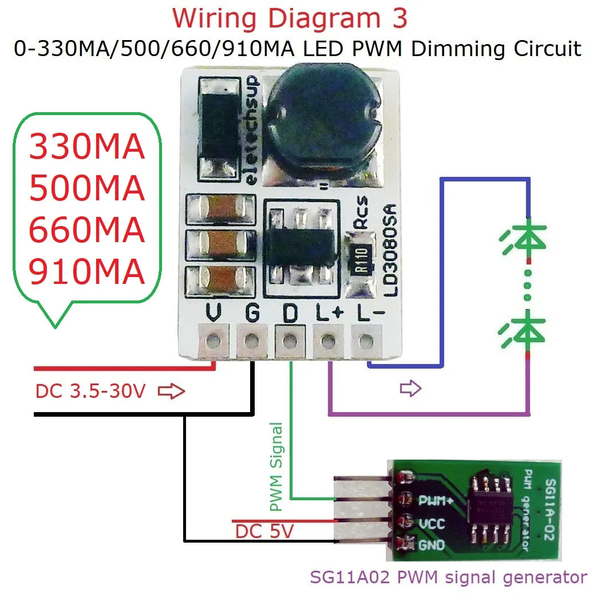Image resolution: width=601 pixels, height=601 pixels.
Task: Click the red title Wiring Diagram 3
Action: click(x=290, y=18)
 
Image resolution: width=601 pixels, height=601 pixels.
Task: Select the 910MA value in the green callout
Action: click(x=86, y=272)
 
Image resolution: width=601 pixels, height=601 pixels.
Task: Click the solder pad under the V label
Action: click(x=214, y=342)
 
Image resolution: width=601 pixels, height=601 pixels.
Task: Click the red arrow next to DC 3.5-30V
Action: click(x=171, y=392)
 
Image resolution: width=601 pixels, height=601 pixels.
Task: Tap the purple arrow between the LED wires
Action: click(x=410, y=389)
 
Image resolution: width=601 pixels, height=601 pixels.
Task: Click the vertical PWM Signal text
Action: click(x=276, y=466)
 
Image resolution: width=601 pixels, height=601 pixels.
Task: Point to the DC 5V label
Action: click(x=264, y=532)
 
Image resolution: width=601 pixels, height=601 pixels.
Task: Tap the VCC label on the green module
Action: click(x=432, y=523)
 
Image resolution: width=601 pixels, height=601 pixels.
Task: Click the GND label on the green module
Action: click(x=431, y=545)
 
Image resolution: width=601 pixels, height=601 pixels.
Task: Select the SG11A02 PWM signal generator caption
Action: click(x=448, y=577)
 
